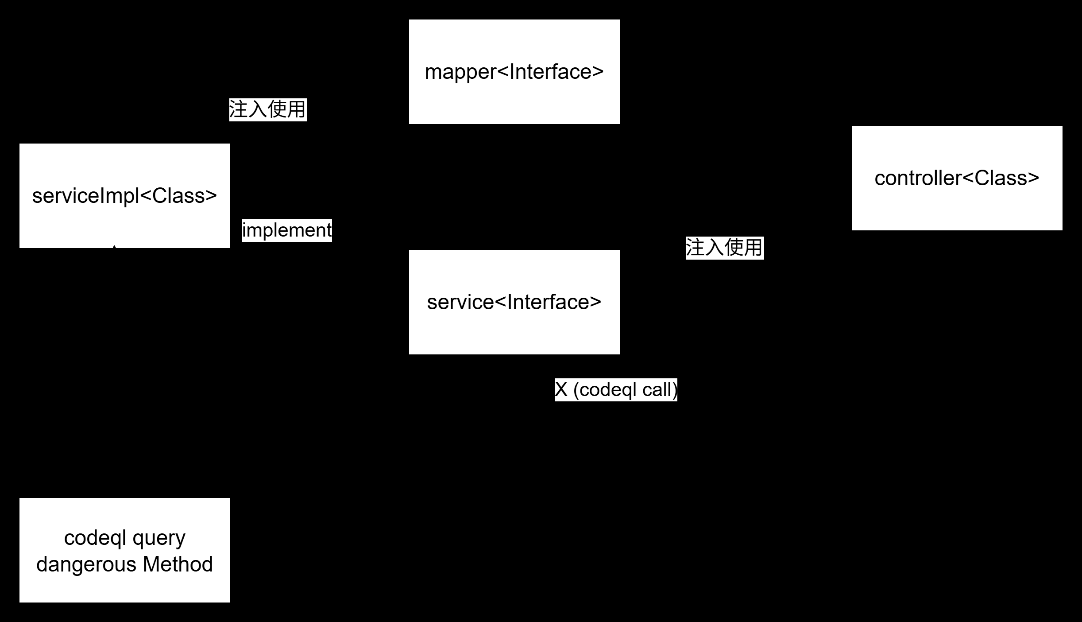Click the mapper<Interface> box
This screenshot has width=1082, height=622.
coord(514,72)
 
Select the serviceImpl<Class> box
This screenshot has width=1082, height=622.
coord(124,195)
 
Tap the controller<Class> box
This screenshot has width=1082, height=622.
coord(957,178)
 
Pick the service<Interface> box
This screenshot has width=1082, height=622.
coord(514,302)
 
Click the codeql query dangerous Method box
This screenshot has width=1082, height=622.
coord(124,550)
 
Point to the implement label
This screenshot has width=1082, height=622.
coord(286,230)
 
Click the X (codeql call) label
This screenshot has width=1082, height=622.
coord(616,389)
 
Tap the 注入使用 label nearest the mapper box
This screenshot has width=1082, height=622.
coord(268,109)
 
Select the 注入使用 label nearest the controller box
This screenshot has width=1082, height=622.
coord(725,247)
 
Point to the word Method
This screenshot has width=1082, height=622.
coord(178,564)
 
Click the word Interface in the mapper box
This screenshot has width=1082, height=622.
coord(550,72)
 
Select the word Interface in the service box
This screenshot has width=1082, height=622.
coord(548,302)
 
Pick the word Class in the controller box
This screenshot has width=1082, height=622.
coord(1000,178)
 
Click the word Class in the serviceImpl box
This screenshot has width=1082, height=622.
coord(178,196)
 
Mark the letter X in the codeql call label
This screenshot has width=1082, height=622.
coord(561,390)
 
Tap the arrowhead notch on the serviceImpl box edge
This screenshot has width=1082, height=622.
coord(114,246)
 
